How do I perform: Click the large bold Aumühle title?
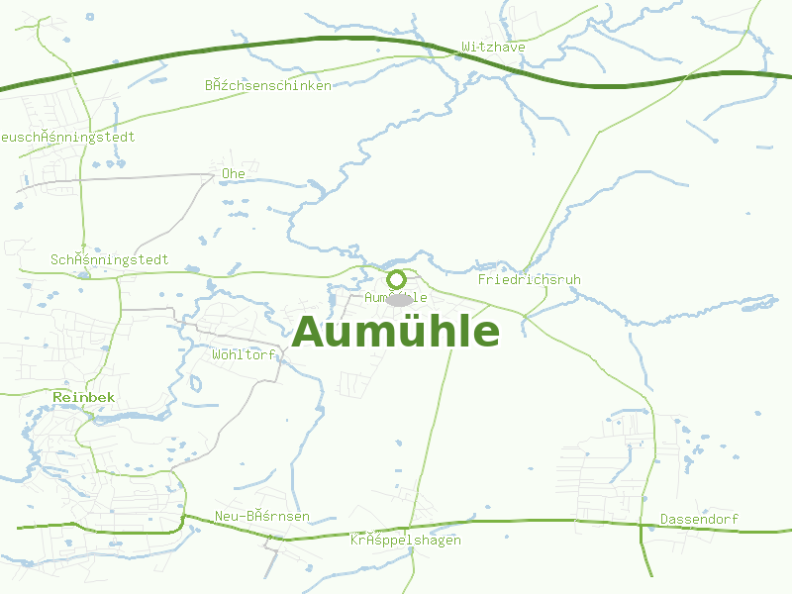396,333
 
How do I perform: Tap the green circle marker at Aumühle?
396,279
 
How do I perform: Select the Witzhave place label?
493,47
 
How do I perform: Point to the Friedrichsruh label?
529,280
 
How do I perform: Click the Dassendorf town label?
699,519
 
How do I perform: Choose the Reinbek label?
84,397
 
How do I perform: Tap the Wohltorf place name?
244,354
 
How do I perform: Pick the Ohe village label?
234,173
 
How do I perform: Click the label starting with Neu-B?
262,517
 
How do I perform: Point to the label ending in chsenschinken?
268,85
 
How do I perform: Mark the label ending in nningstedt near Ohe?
110,259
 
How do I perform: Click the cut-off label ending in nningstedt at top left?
67,137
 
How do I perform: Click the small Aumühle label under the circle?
396,297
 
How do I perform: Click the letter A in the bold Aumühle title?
310,333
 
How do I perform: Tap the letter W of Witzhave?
465,47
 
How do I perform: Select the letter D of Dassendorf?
664,519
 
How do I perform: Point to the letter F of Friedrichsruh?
481,280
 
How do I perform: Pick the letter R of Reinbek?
57,397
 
